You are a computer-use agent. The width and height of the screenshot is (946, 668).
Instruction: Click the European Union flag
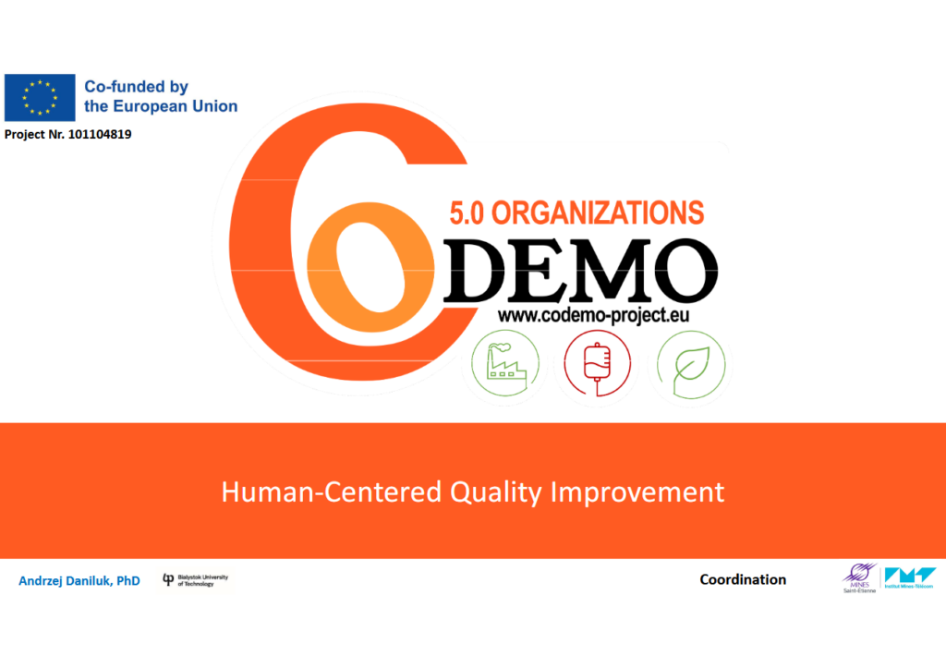39,97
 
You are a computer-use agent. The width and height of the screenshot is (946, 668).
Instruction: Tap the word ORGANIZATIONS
598,213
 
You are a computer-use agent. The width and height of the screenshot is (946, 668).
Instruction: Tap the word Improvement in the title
637,492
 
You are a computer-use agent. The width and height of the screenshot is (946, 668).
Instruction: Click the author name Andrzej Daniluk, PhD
79,581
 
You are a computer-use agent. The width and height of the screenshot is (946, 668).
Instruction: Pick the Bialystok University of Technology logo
195,579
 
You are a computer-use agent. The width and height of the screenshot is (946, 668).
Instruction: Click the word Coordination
743,580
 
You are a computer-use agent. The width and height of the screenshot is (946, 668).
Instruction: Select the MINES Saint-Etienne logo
857,579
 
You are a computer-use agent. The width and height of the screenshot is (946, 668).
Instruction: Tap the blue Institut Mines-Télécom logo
910,578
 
